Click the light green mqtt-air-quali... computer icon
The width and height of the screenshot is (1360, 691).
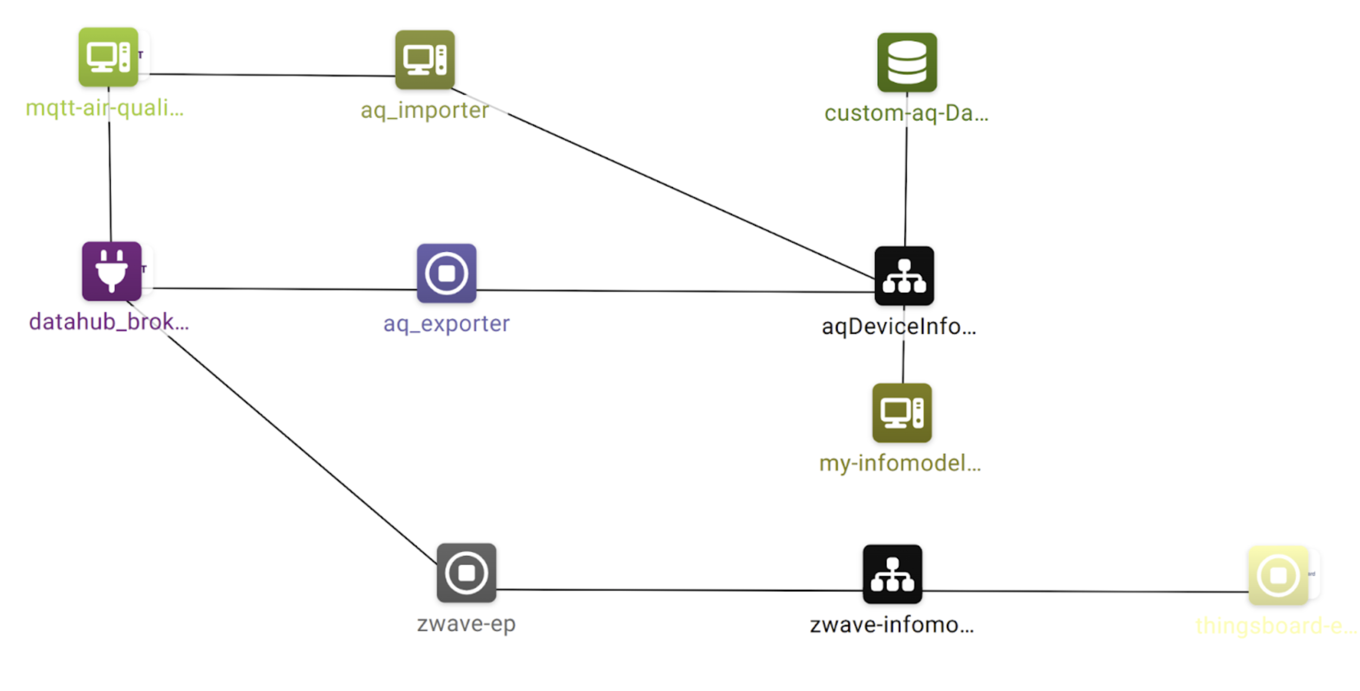click(x=108, y=57)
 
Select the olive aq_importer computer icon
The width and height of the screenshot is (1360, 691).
click(x=425, y=59)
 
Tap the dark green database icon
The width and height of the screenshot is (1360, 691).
click(x=907, y=62)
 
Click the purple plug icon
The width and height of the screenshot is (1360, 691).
click(x=111, y=271)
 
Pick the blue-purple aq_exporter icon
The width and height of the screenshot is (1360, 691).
click(x=446, y=273)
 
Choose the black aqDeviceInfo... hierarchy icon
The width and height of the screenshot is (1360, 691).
click(x=904, y=276)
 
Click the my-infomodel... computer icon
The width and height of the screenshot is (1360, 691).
click(x=902, y=413)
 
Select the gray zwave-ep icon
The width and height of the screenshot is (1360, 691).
click(x=466, y=573)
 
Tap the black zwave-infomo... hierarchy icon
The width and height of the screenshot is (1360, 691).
click(x=892, y=574)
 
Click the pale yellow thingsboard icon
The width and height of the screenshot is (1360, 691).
click(x=1278, y=575)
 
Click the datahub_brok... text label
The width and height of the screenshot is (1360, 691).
click(x=109, y=322)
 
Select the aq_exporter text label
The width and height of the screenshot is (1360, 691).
click(x=446, y=323)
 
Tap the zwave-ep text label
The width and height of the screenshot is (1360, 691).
click(x=466, y=624)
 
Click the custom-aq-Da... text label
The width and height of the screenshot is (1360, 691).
click(x=906, y=113)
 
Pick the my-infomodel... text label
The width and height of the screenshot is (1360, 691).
click(x=900, y=463)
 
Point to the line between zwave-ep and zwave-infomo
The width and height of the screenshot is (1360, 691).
click(x=681, y=590)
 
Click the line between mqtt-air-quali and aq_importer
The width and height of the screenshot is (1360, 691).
click(x=269, y=75)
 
